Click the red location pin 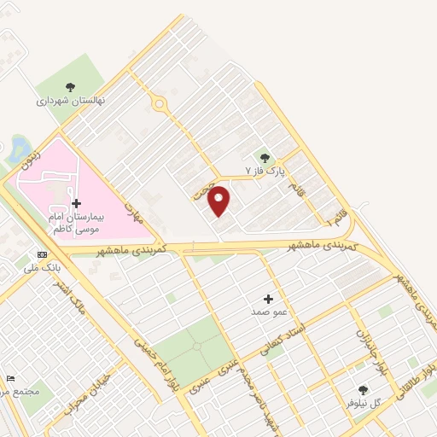click(x=219, y=200)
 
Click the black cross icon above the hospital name click(x=77, y=203)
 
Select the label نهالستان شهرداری click(x=70, y=100)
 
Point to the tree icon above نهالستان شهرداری click(x=70, y=86)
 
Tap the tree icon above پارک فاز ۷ click(x=264, y=158)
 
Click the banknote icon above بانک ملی click(x=42, y=254)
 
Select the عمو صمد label click(x=269, y=312)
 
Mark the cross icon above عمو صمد click(x=269, y=299)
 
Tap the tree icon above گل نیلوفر click(x=363, y=389)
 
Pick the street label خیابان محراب click(x=89, y=389)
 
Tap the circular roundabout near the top click(x=159, y=103)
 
